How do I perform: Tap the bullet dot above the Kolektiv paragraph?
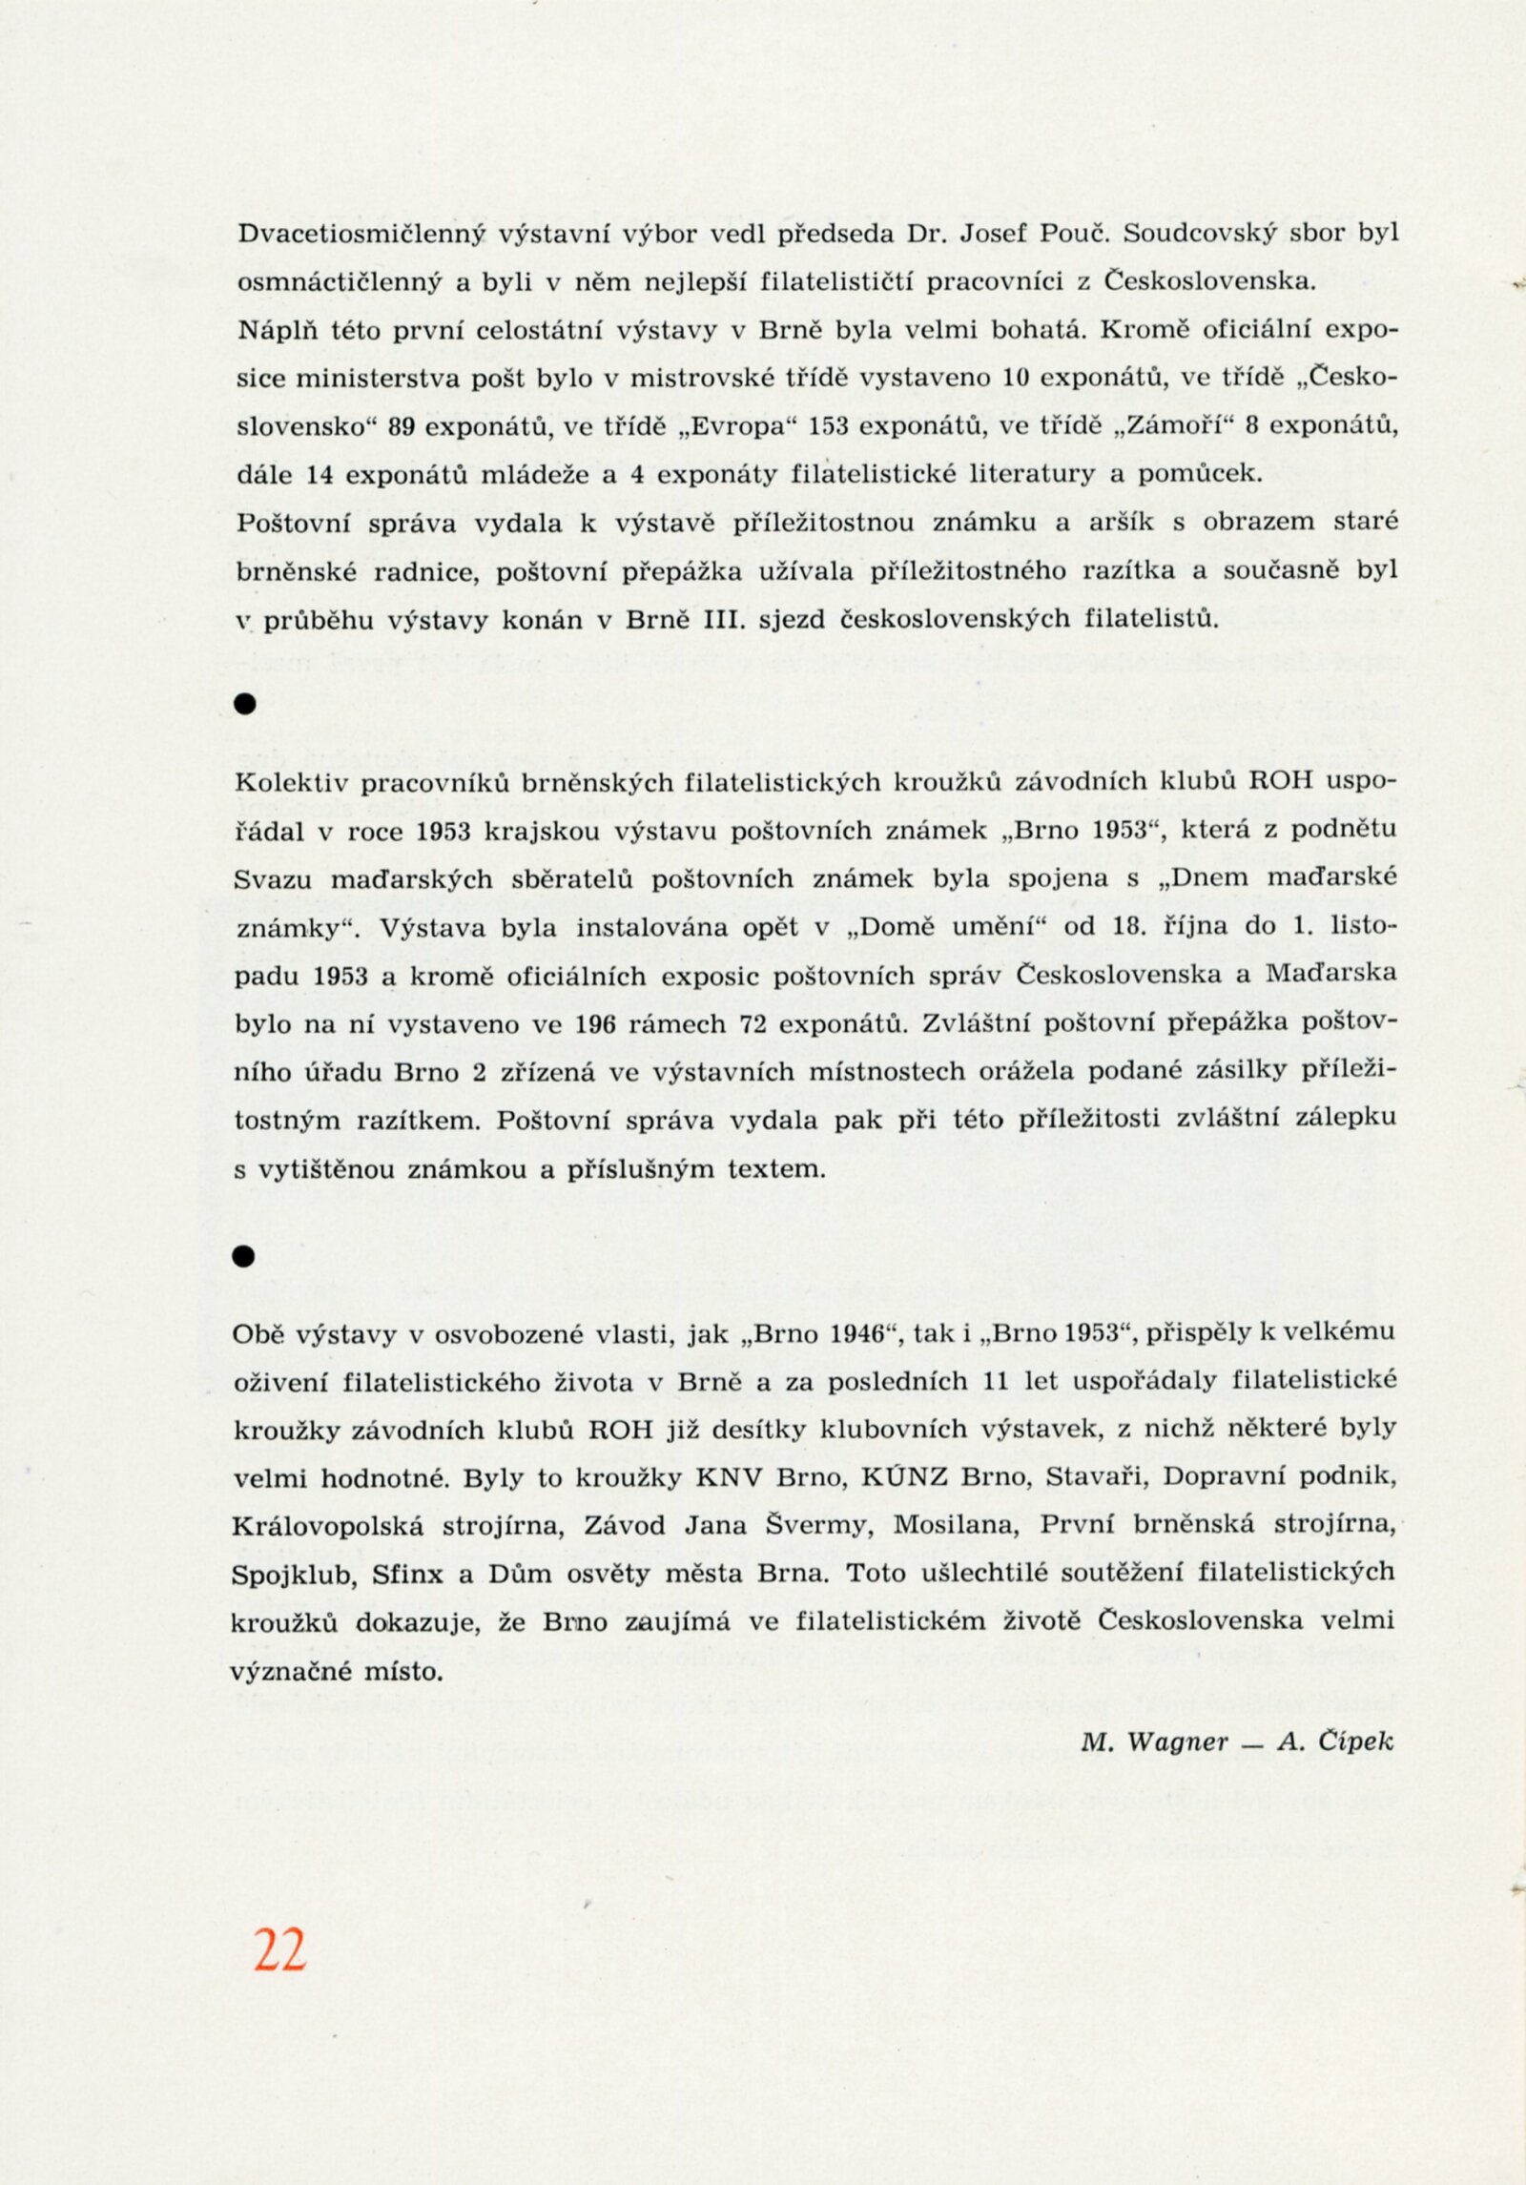coord(246,704)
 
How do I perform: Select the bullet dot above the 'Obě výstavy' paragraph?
coord(245,1256)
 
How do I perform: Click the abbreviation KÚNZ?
coord(901,1477)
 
